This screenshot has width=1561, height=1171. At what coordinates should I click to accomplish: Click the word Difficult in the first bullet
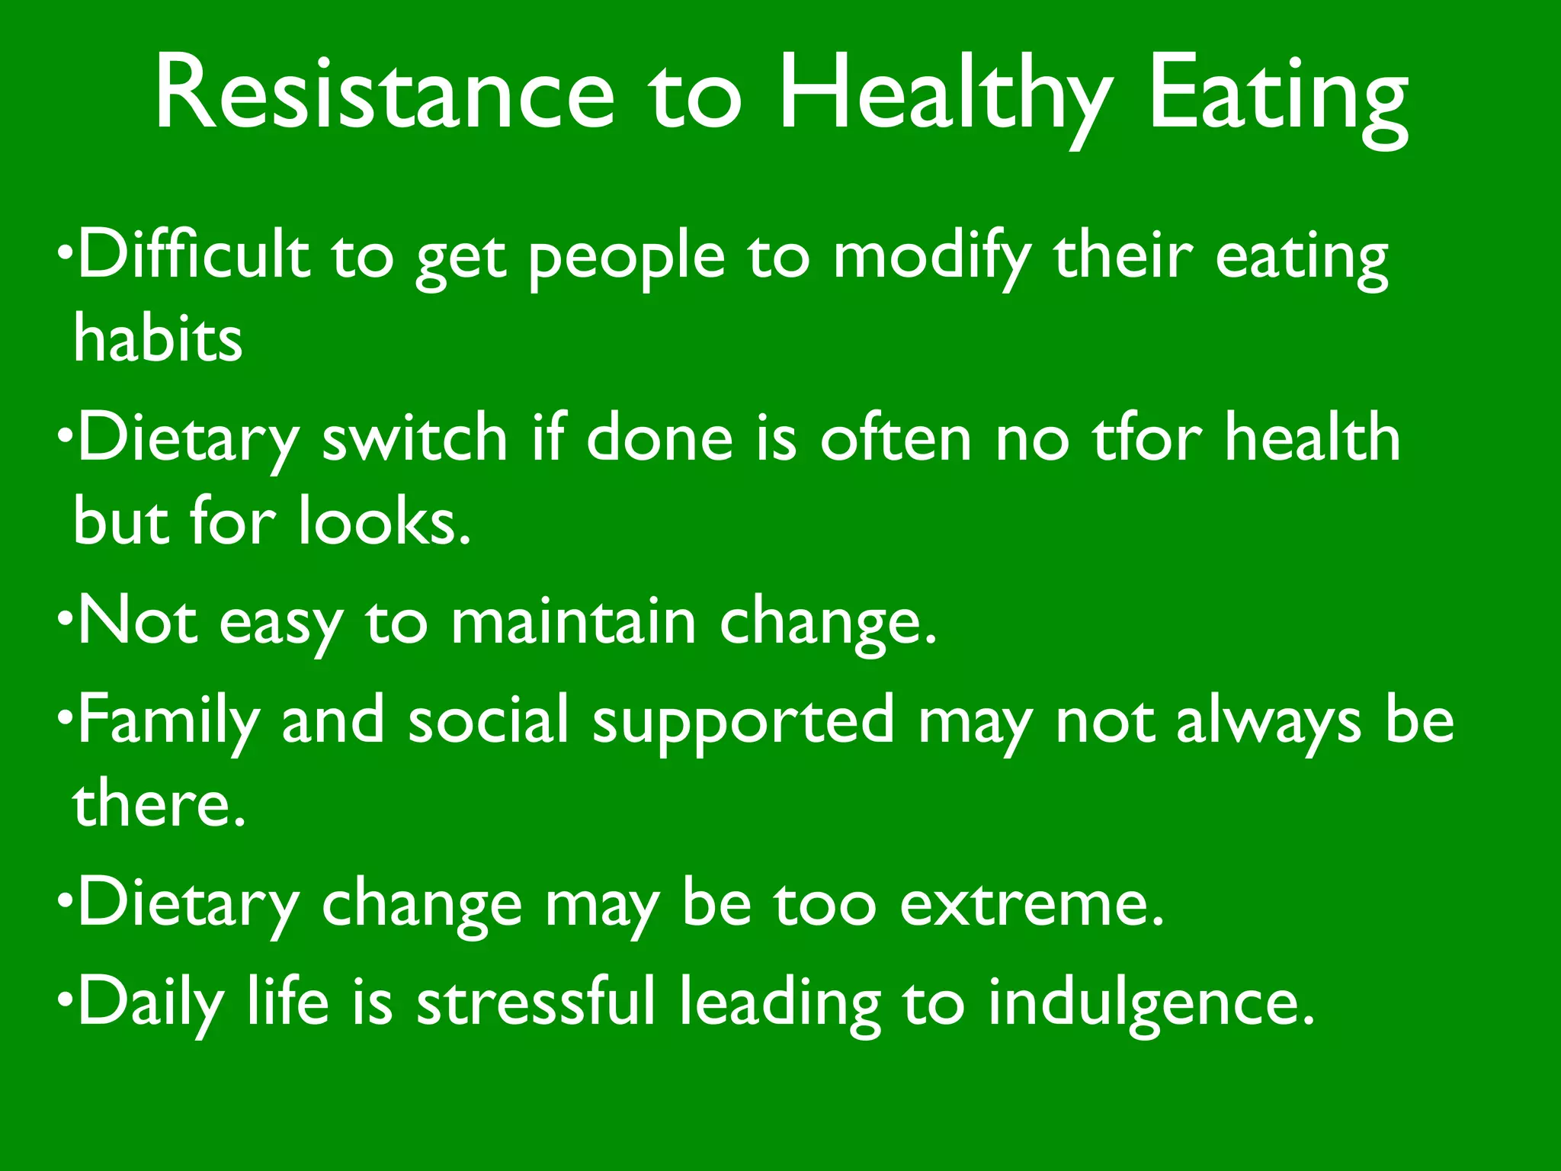coord(194,255)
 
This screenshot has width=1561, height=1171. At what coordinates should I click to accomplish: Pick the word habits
coord(158,338)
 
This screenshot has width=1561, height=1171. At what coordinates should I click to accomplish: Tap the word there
coord(159,804)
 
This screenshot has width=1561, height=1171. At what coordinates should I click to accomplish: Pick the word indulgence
coord(1152,1005)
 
